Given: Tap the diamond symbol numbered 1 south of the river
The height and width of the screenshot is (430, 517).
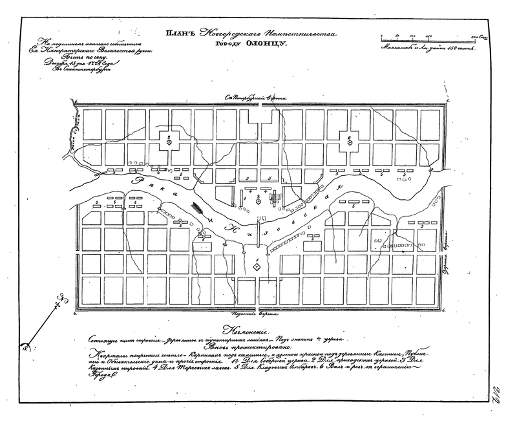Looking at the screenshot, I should tap(257, 266).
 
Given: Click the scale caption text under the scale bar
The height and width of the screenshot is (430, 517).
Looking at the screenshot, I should tap(428, 47).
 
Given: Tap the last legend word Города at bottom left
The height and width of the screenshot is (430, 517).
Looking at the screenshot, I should tap(98, 382).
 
